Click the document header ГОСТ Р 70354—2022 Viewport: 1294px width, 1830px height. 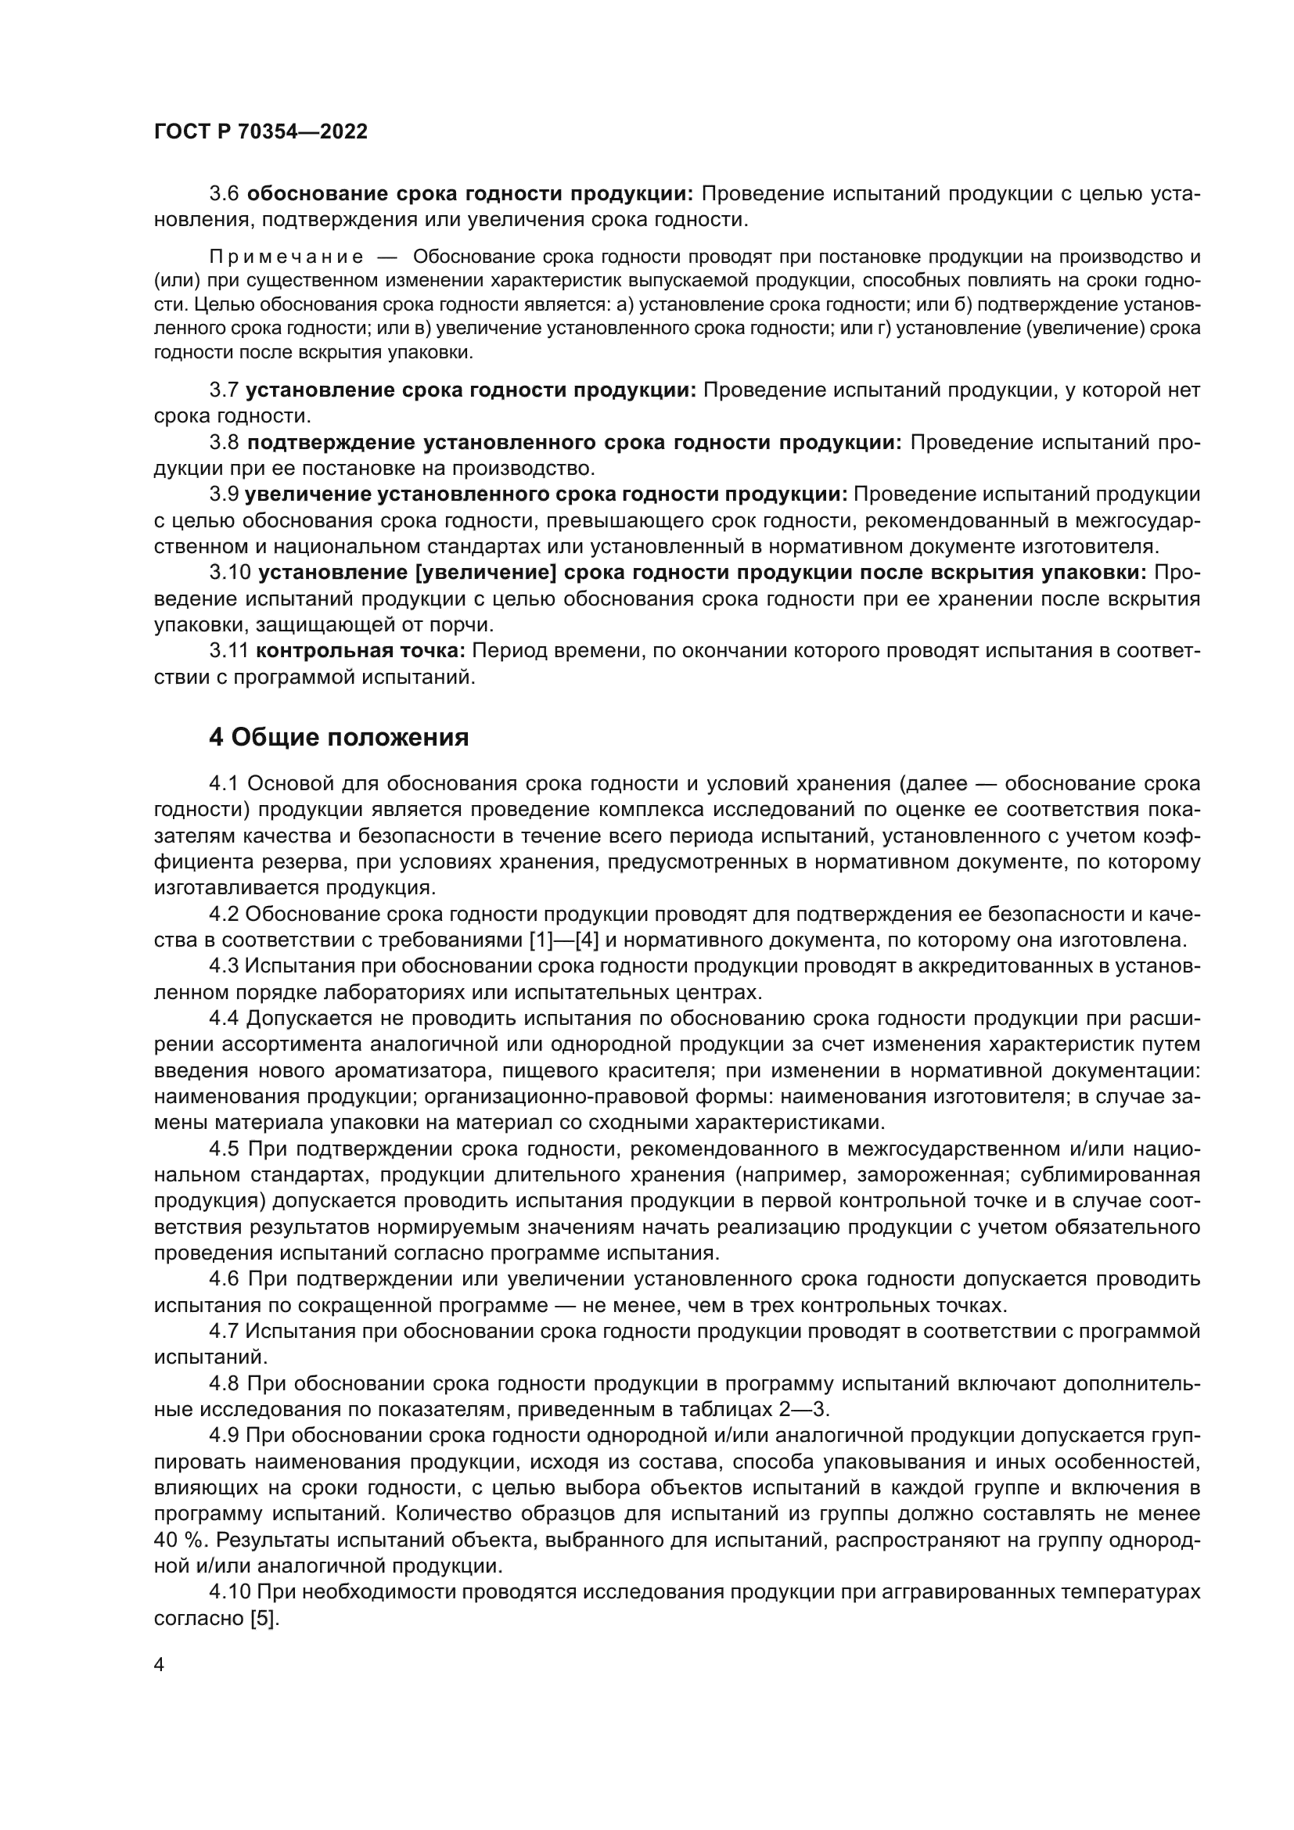[x=261, y=132]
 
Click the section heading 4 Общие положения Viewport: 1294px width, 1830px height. [x=339, y=737]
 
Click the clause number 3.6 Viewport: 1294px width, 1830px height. [x=224, y=194]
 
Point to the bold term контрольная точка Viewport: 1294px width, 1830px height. [x=360, y=650]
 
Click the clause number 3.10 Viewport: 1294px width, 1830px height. [x=229, y=572]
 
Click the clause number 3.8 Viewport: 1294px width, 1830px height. [x=224, y=442]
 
